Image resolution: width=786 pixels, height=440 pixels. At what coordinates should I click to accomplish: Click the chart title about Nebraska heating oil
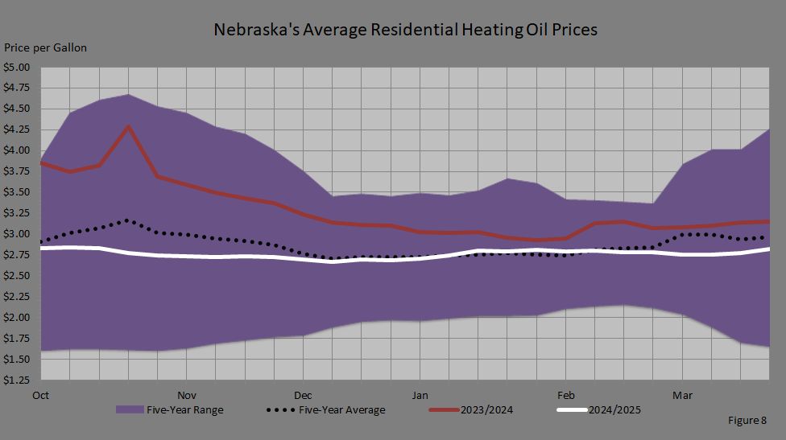[405, 31]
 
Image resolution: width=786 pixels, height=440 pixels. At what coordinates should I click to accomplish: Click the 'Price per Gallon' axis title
[46, 48]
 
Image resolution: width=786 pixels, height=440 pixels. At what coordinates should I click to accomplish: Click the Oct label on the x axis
[42, 395]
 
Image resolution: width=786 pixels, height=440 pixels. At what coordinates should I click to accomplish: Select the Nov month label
[186, 395]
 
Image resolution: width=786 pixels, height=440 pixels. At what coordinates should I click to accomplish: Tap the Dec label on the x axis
[303, 395]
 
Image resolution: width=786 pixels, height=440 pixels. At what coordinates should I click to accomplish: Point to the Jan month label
[420, 395]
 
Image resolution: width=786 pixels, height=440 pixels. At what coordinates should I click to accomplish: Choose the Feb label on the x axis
[565, 395]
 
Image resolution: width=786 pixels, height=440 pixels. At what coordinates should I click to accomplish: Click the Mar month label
[682, 395]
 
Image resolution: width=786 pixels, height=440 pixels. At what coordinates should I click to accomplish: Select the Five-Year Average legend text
[342, 409]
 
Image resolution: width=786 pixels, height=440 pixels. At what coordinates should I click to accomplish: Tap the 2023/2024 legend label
[486, 409]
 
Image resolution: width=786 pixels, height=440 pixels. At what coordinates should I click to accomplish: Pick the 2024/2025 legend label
[615, 409]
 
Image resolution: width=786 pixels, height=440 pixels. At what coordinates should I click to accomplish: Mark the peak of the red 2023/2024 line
[128, 126]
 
